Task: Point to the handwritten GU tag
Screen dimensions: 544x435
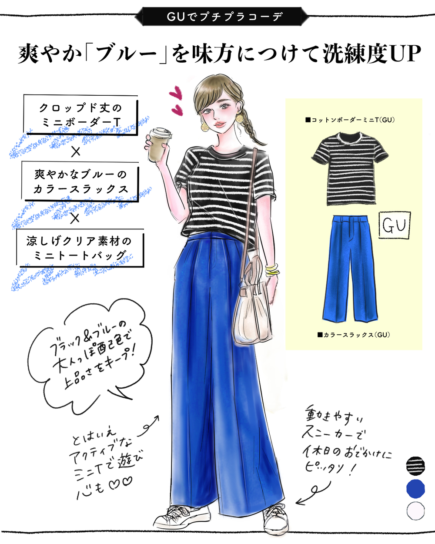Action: [x=394, y=225]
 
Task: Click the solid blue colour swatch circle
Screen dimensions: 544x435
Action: [x=415, y=488]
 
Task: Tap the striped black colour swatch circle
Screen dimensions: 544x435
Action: [x=415, y=465]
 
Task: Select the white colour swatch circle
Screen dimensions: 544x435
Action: [x=415, y=510]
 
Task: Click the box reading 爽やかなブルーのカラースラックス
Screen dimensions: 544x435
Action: [x=81, y=181]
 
